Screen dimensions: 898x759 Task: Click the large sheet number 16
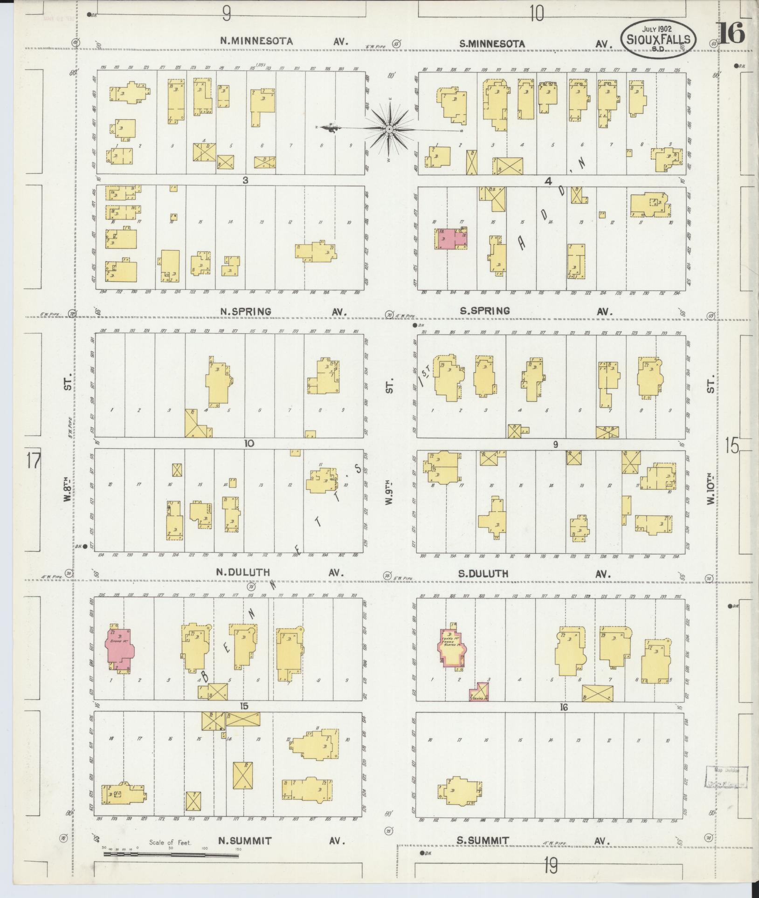[732, 34]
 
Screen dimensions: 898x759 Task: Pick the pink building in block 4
[451, 239]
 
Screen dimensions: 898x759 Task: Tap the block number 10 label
[248, 443]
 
